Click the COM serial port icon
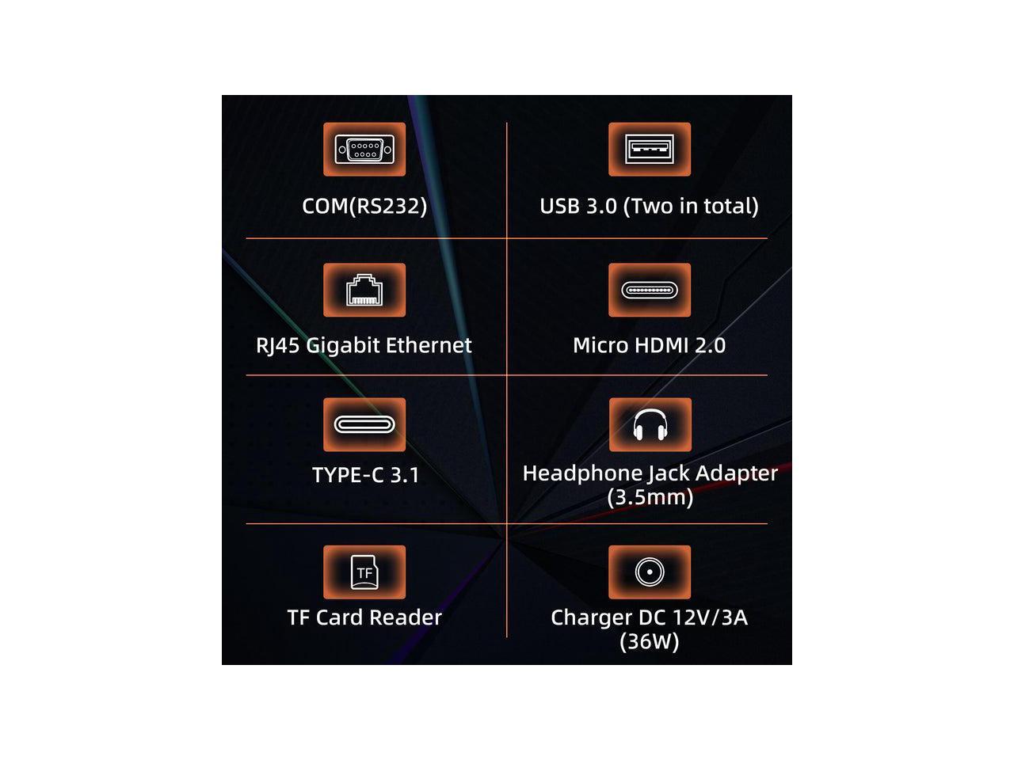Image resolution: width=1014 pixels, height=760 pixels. pyautogui.click(x=364, y=149)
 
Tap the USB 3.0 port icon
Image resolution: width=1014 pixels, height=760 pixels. pyautogui.click(x=649, y=149)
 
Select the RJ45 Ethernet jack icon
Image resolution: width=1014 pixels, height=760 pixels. pyautogui.click(x=364, y=290)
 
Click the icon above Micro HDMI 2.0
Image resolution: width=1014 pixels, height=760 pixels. pyautogui.click(x=649, y=290)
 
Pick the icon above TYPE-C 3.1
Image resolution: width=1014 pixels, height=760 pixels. pyautogui.click(x=364, y=424)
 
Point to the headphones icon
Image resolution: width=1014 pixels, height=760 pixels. pyautogui.click(x=650, y=424)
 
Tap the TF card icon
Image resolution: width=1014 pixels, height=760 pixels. pyautogui.click(x=364, y=572)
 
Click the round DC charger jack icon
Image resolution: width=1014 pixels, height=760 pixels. pyautogui.click(x=650, y=572)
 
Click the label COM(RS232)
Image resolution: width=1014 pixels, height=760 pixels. pyautogui.click(x=364, y=206)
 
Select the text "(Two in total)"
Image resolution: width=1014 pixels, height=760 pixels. pyautogui.click(x=691, y=206)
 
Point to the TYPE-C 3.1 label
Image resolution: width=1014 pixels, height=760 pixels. pyautogui.click(x=365, y=475)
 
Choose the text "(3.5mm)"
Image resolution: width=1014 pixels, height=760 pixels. pyautogui.click(x=650, y=497)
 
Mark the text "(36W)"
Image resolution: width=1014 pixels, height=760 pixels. pyautogui.click(x=650, y=641)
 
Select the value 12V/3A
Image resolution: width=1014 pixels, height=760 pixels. pyautogui.click(x=710, y=617)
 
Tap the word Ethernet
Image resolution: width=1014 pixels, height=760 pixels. pyautogui.click(x=433, y=345)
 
